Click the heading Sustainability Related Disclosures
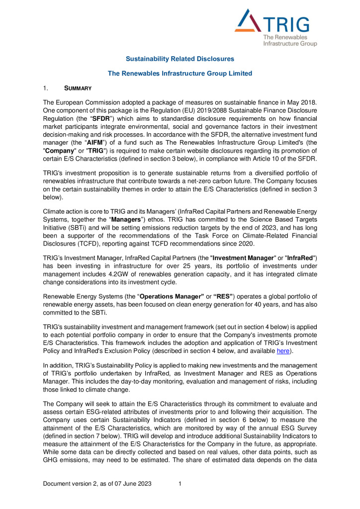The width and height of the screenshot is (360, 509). pos(180,59)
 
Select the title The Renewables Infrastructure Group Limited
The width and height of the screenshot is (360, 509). pos(180,74)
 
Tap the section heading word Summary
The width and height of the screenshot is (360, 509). pos(78,88)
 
